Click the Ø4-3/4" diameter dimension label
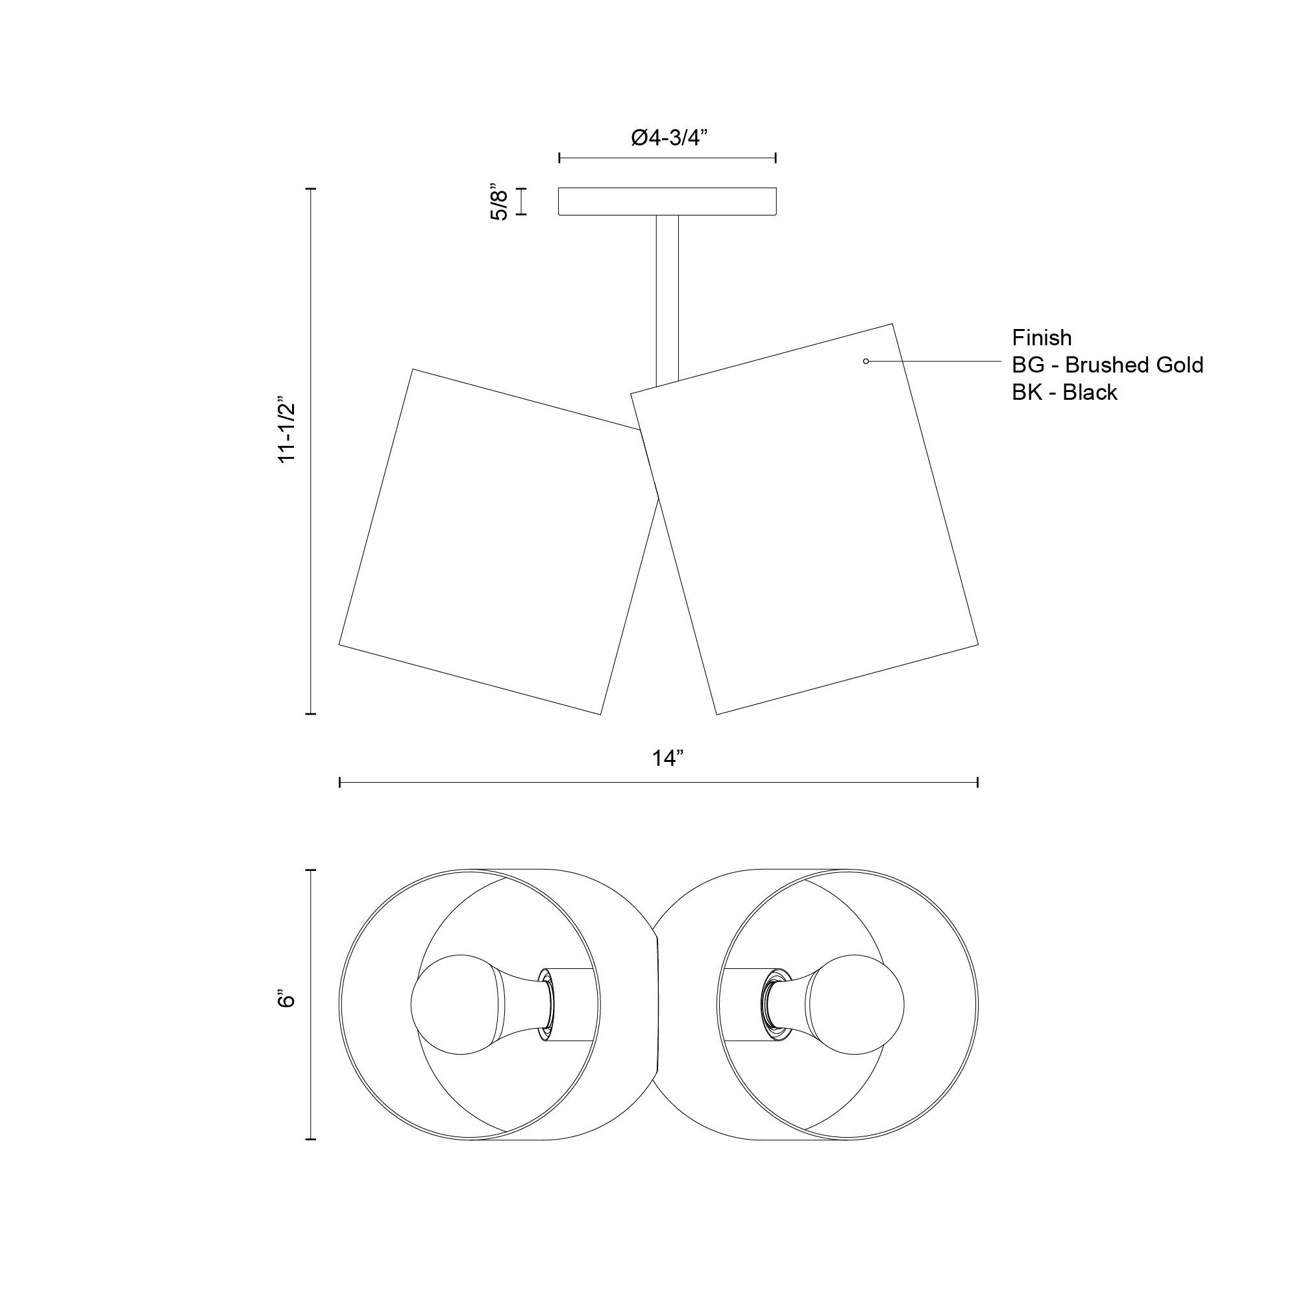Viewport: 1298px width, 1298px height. point(670,138)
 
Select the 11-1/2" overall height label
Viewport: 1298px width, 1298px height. point(287,428)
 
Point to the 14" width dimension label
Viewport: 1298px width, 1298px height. point(667,759)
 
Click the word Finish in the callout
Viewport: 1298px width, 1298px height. point(1042,337)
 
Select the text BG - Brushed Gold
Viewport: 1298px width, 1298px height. point(1108,365)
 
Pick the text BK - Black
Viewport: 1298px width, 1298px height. point(1065,393)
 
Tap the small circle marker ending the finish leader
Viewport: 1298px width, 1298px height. point(866,361)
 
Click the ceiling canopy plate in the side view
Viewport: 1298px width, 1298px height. point(668,202)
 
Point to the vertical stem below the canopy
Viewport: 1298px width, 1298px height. point(667,300)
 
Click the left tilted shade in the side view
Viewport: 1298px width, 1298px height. point(498,541)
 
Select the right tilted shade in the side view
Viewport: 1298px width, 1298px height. point(804,519)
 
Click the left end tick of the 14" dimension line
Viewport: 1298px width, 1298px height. point(340,782)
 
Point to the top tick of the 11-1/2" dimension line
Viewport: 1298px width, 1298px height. point(310,190)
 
